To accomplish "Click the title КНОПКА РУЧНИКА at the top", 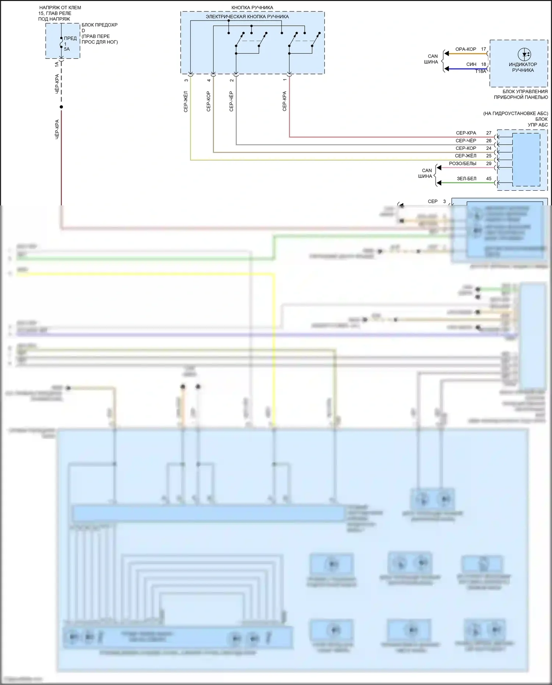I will (252, 7).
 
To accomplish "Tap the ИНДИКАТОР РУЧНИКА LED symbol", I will (524, 54).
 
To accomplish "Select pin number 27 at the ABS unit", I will (489, 133).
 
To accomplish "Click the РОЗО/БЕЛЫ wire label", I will (463, 163).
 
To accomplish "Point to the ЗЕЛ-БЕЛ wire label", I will (466, 179).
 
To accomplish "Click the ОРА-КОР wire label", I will (466, 49).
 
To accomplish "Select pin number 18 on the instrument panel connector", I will (484, 64).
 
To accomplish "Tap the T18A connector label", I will (480, 71).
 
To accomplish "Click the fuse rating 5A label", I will (67, 49).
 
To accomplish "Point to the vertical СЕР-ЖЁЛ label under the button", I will (185, 101).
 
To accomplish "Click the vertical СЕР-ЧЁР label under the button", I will (231, 101).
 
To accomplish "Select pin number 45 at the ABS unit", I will (489, 179).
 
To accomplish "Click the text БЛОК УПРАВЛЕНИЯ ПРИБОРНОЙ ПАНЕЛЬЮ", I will (521, 94).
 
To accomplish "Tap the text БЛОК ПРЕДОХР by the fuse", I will (99, 25).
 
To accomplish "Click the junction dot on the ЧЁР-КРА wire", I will (61, 107).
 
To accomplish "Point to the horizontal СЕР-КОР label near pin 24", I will (466, 148).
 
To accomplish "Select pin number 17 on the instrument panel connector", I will (484, 49).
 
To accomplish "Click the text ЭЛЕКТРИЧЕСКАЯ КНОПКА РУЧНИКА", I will (247, 17).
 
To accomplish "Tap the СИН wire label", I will (471, 64).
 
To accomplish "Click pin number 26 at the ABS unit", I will (489, 141).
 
